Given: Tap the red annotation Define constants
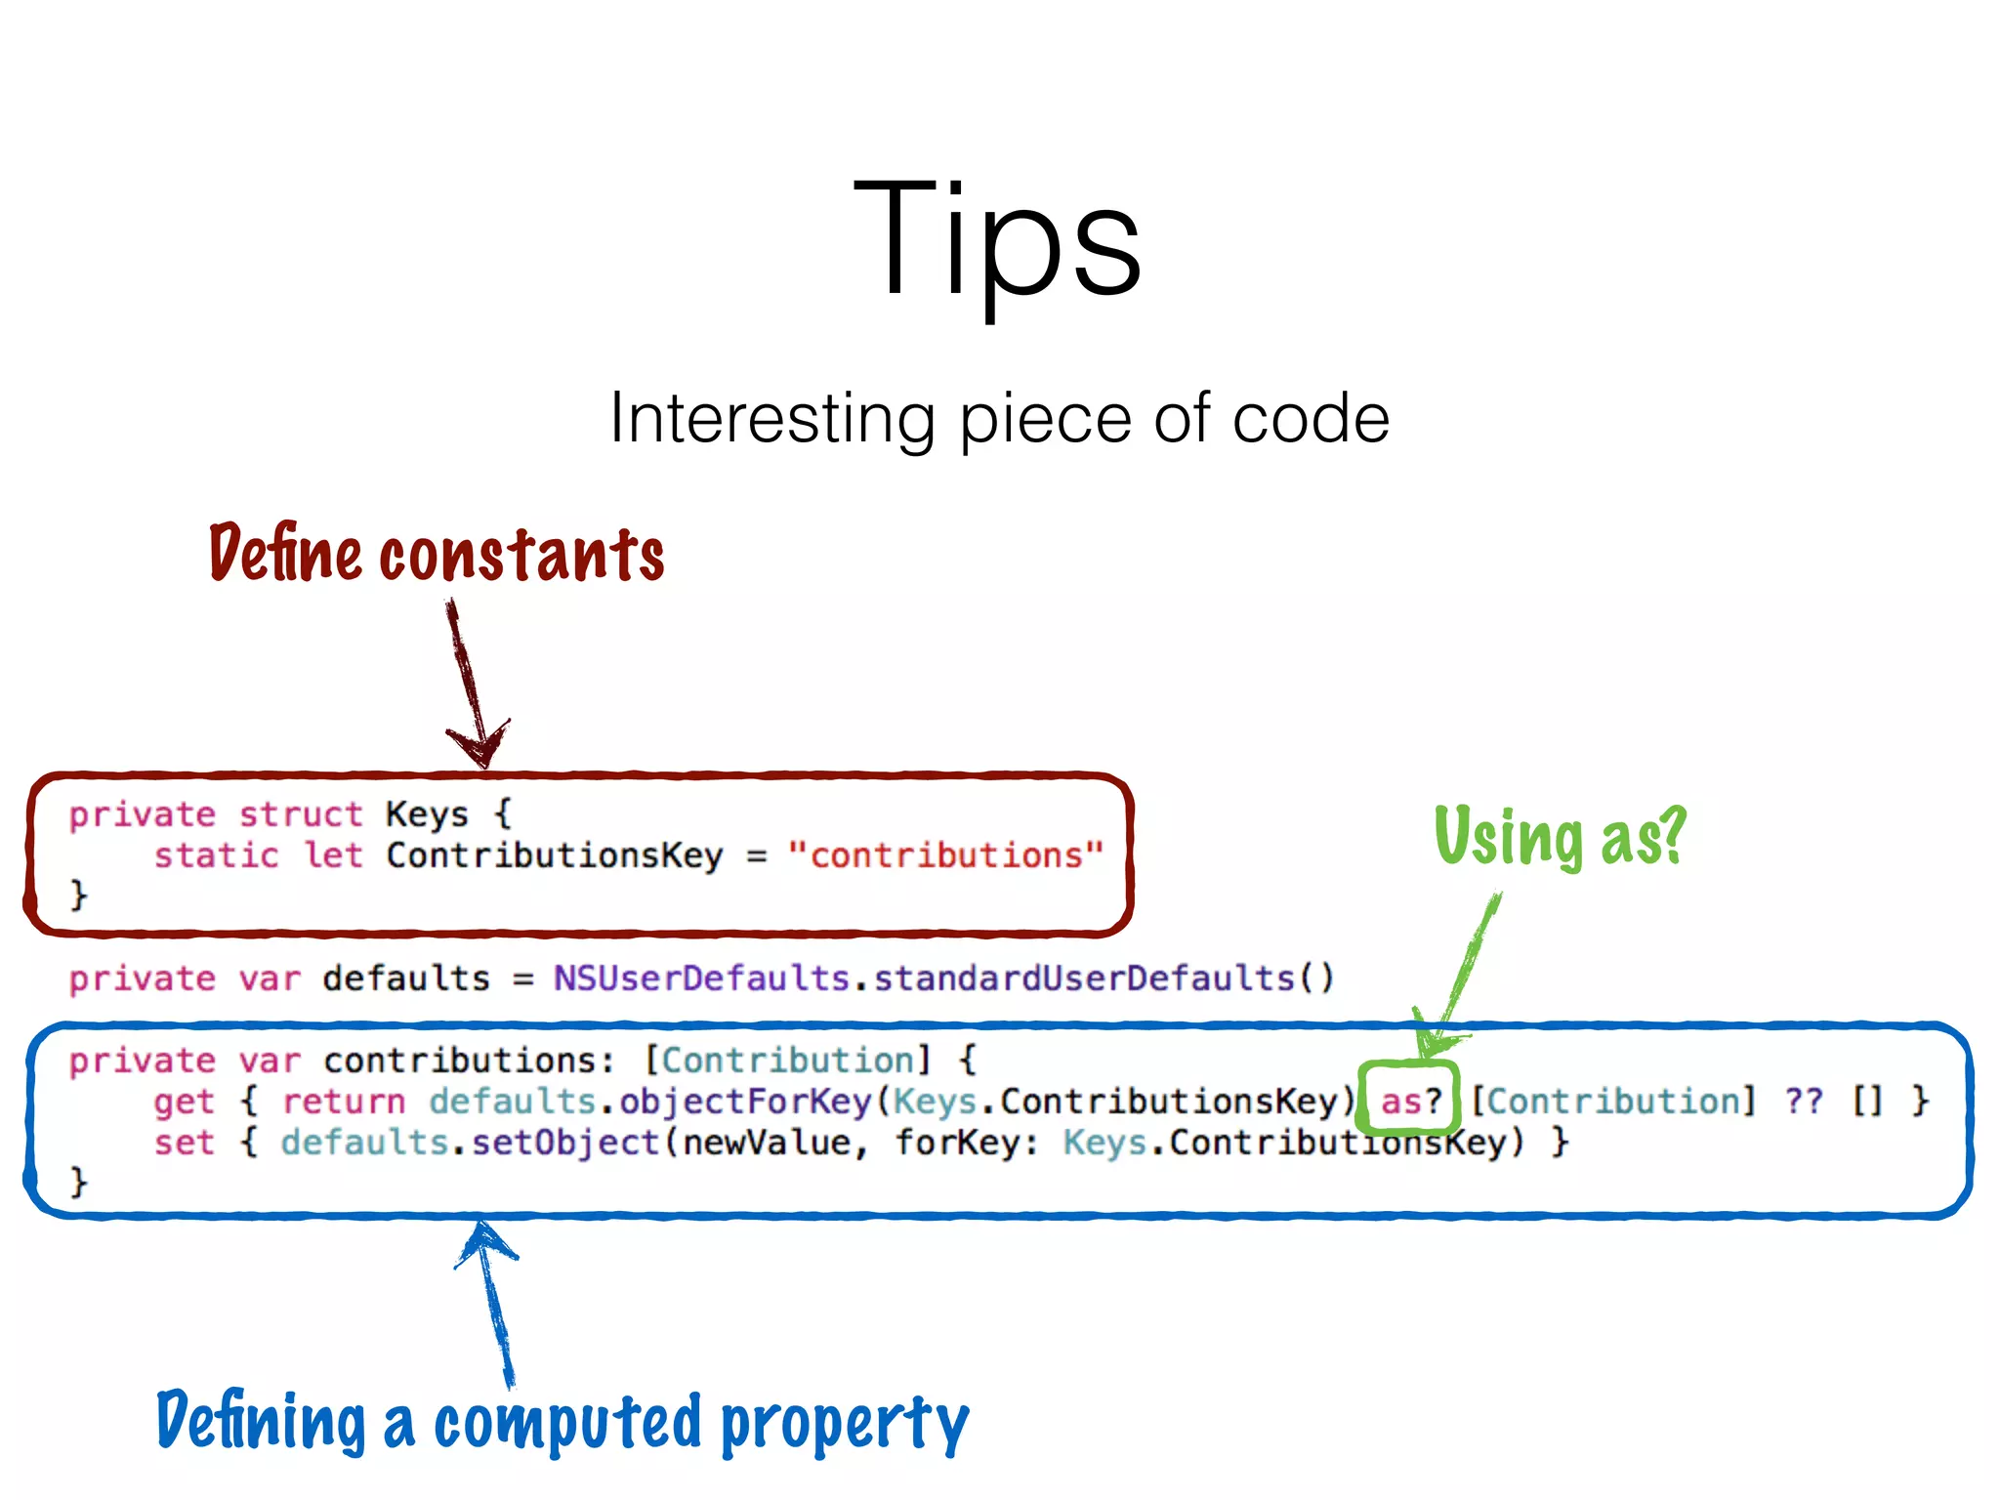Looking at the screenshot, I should tap(437, 554).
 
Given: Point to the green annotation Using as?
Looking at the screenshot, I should tap(1560, 837).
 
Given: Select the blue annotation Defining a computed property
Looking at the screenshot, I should tap(562, 1423).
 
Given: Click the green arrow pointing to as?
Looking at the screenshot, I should tap(1462, 977).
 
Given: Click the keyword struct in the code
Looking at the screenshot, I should tap(300, 814).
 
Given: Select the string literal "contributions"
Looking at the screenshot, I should tap(945, 855).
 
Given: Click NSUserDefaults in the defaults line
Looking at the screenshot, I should tap(701, 979).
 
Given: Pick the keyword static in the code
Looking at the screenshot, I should tap(216, 855).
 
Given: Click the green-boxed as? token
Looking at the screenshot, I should tap(1410, 1101).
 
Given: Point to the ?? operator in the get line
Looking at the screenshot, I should tap(1804, 1101).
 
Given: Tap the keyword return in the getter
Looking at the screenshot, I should tap(344, 1102).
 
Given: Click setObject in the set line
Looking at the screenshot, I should tap(565, 1143).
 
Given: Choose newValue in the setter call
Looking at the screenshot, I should tap(767, 1143).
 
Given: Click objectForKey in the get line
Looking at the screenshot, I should tap(745, 1102).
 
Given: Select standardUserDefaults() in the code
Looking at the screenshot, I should tap(1104, 979).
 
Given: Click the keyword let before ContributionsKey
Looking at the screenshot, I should tap(333, 855).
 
